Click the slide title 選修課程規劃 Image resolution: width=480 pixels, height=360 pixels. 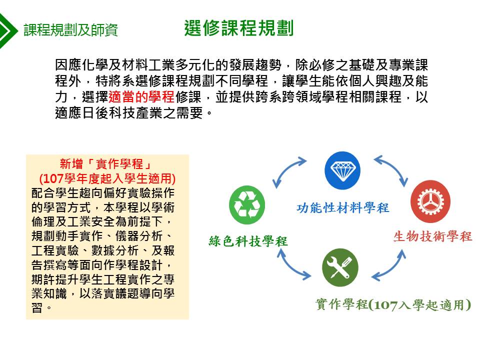pyautogui.click(x=239, y=28)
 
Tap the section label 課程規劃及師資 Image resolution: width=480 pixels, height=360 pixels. pyautogui.click(x=70, y=30)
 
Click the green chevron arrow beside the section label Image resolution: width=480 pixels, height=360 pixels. pyautogui.click(x=7, y=30)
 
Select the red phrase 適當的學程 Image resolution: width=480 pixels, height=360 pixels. pyautogui.click(x=141, y=97)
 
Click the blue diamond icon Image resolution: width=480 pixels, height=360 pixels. pyautogui.click(x=342, y=170)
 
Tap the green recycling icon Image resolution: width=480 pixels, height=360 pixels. pyautogui.click(x=247, y=205)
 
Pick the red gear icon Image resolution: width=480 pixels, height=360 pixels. pyautogui.click(x=430, y=201)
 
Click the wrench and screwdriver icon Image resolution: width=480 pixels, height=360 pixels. pyautogui.click(x=340, y=267)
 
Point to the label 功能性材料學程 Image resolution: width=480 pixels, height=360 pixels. pyautogui.click(x=342, y=208)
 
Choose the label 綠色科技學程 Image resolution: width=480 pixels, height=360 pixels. pyautogui.click(x=248, y=241)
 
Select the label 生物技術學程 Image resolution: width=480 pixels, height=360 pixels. pyautogui.click(x=432, y=236)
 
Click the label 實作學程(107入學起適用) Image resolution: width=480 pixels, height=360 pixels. pyautogui.click(x=393, y=304)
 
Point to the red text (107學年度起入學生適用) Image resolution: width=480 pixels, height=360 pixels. pyautogui.click(x=107, y=178)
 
